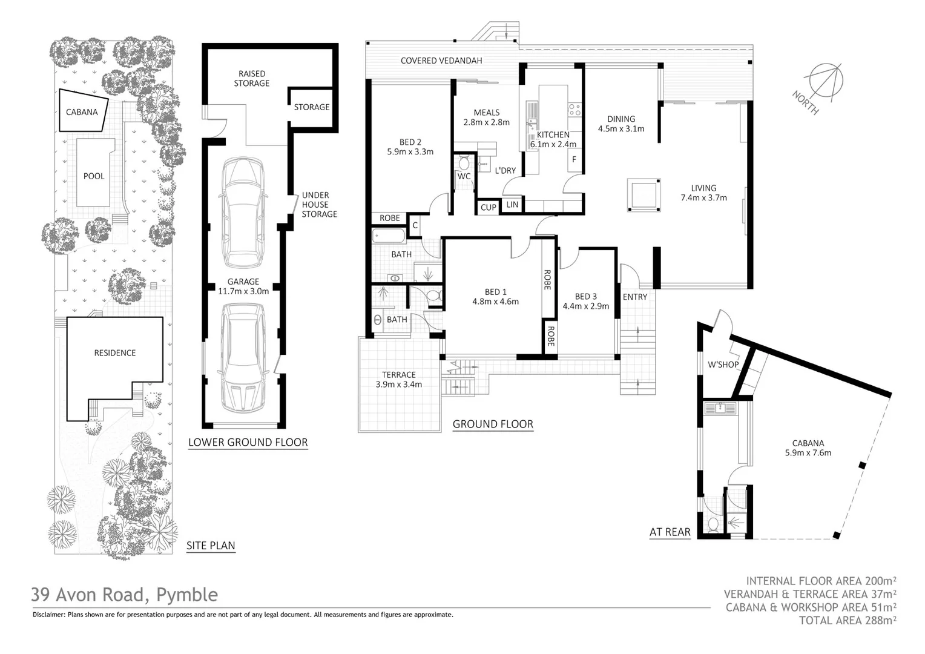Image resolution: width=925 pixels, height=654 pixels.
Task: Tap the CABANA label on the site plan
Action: click(82, 112)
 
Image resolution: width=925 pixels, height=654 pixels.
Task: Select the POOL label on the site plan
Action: click(94, 176)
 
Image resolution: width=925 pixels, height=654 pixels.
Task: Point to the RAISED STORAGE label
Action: click(252, 79)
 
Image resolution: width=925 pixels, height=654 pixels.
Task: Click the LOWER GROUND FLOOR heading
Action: click(248, 442)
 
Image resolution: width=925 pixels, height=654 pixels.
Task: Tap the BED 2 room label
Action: click(410, 143)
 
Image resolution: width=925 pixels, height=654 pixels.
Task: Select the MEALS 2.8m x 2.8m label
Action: click(486, 117)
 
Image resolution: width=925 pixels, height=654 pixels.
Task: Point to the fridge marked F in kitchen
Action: click(574, 160)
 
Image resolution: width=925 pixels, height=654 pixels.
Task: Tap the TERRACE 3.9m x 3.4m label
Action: click(398, 380)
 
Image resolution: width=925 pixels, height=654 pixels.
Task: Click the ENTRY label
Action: click(634, 297)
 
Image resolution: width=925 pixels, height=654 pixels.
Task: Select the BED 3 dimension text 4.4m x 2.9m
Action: click(585, 306)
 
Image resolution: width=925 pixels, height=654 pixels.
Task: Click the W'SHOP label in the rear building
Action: click(723, 365)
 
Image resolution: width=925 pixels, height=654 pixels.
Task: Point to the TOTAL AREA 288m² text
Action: click(847, 620)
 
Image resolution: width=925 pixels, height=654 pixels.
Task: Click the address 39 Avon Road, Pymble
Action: click(124, 595)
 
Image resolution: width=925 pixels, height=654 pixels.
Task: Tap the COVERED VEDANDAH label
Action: click(441, 61)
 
